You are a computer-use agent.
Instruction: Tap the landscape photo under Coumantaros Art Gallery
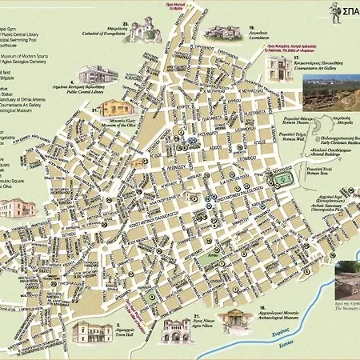pyautogui.click(x=330, y=92)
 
